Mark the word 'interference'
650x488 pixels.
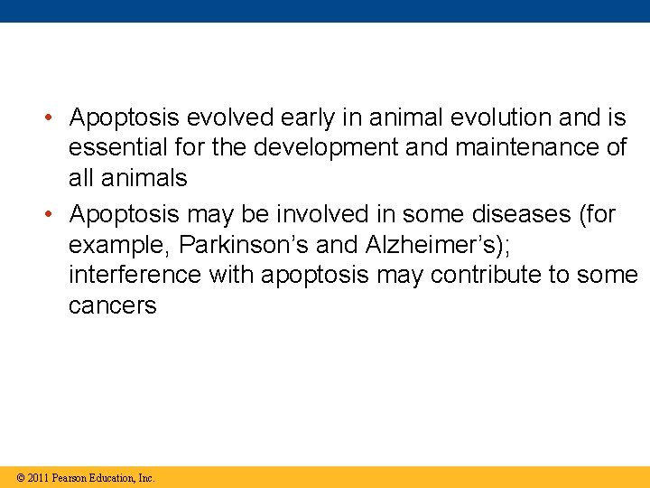[135, 275]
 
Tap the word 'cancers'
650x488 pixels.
[112, 305]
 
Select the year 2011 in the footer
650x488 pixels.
[38, 478]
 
